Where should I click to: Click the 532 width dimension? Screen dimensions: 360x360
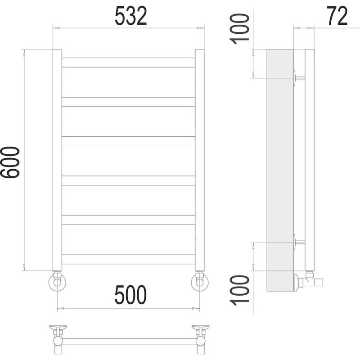[x=130, y=16]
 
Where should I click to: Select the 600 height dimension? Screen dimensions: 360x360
[x=10, y=162]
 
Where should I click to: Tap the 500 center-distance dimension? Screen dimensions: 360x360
[x=130, y=295]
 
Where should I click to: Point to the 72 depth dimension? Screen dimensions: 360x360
[x=337, y=16]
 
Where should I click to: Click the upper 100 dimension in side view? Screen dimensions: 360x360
[x=239, y=29]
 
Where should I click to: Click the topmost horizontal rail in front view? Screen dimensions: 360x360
[x=128, y=63]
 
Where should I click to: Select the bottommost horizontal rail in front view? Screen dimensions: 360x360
[x=128, y=259]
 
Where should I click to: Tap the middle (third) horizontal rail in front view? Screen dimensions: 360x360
[x=128, y=141]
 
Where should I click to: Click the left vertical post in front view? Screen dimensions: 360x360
[x=57, y=160]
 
